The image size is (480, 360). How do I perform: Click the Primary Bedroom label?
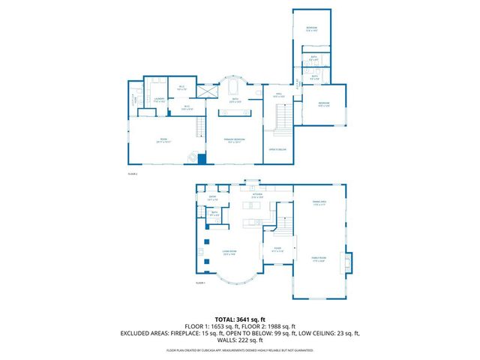click(238, 141)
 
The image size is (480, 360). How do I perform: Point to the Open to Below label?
click(275, 149)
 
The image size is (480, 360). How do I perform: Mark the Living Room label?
click(229, 253)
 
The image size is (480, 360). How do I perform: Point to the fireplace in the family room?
click(346, 262)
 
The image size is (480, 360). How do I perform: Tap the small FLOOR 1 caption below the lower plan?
click(200, 283)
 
